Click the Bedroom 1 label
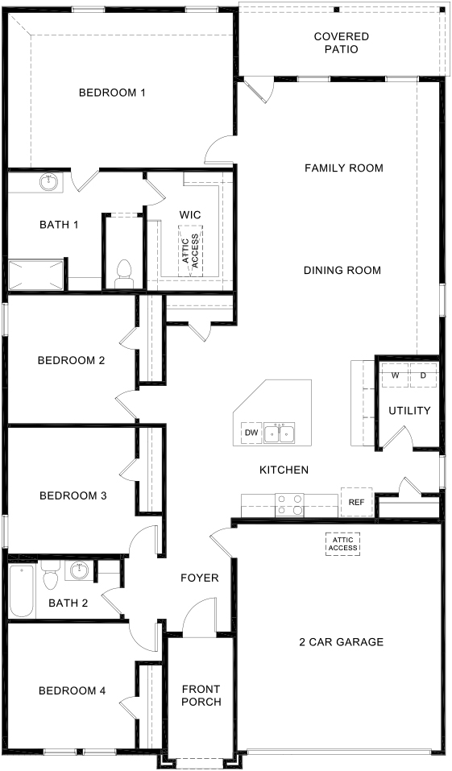pyautogui.click(x=112, y=93)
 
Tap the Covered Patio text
pyautogui.click(x=342, y=43)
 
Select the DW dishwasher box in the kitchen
pyautogui.click(x=251, y=433)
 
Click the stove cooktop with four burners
pyautogui.click(x=290, y=504)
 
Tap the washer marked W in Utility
pyautogui.click(x=396, y=375)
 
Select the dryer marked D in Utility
pyautogui.click(x=422, y=375)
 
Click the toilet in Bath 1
pyautogui.click(x=125, y=273)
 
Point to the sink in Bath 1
pyautogui.click(x=50, y=182)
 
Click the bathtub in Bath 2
pyautogui.click(x=21, y=591)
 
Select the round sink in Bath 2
pyautogui.click(x=79, y=571)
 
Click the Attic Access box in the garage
pyautogui.click(x=342, y=544)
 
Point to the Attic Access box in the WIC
pyautogui.click(x=190, y=251)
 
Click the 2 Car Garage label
pyautogui.click(x=341, y=642)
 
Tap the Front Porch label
pyautogui.click(x=201, y=695)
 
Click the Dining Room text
pyautogui.click(x=342, y=270)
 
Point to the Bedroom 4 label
pyautogui.click(x=73, y=690)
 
